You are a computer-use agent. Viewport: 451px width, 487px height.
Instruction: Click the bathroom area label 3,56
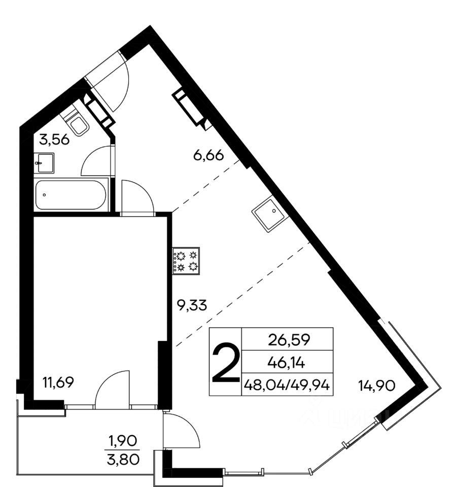(x=54, y=140)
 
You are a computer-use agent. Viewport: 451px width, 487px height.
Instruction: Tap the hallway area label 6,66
(x=209, y=155)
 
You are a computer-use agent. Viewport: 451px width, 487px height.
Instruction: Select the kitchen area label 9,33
(x=191, y=305)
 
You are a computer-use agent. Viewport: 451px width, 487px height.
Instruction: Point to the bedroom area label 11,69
(x=58, y=382)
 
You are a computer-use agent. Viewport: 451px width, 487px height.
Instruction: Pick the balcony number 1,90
(x=122, y=440)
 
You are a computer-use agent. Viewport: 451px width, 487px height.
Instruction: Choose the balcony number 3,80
(x=123, y=460)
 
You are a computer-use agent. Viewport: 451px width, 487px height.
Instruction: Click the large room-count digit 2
(x=225, y=362)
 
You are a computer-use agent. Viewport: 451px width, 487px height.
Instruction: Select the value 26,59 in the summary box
(x=289, y=340)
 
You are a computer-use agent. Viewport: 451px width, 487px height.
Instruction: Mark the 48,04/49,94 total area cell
(x=287, y=386)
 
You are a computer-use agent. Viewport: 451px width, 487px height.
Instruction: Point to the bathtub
(x=71, y=195)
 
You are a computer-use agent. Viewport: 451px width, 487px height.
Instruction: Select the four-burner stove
(x=186, y=261)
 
